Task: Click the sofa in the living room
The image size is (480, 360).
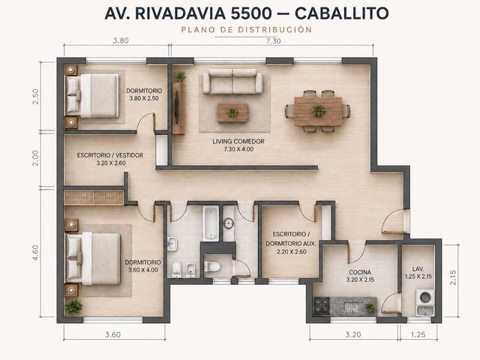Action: pyautogui.click(x=232, y=81)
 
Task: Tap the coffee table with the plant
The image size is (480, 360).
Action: pyautogui.click(x=232, y=112)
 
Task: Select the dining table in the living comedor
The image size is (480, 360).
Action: pyautogui.click(x=318, y=112)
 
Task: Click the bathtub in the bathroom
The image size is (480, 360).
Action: pyautogui.click(x=211, y=223)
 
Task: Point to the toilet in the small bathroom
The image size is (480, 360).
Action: pyautogui.click(x=211, y=266)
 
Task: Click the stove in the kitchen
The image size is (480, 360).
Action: pyautogui.click(x=322, y=306)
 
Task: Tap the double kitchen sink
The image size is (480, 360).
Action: pyautogui.click(x=351, y=306)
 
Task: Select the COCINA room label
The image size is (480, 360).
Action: pyautogui.click(x=360, y=272)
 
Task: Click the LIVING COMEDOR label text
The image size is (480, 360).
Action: pyautogui.click(x=238, y=142)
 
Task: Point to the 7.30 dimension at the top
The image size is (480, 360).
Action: pyautogui.click(x=273, y=41)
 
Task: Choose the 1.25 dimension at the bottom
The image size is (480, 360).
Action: pyautogui.click(x=418, y=334)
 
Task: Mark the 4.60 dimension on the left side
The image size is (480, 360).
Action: pyautogui.click(x=35, y=253)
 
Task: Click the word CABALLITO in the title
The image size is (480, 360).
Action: pyautogui.click(x=342, y=13)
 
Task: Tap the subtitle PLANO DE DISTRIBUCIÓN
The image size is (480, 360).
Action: pyautogui.click(x=247, y=30)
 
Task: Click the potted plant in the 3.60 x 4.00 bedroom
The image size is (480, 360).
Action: pyautogui.click(x=73, y=306)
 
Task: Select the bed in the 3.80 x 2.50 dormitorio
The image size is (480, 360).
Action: pyautogui.click(x=92, y=96)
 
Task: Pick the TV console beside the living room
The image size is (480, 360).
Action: pyautogui.click(x=178, y=108)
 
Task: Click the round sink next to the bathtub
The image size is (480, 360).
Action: pyautogui.click(x=228, y=223)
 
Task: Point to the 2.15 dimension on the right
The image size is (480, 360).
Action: pyautogui.click(x=454, y=277)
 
